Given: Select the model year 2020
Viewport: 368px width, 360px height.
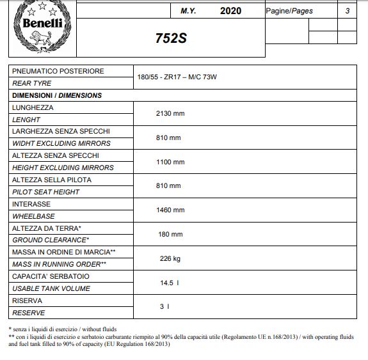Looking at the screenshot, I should (230, 11).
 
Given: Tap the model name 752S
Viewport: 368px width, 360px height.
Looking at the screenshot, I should (171, 38).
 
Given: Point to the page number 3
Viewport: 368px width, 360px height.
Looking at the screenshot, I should (347, 11).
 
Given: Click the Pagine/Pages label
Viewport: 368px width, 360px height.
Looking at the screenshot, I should (289, 11).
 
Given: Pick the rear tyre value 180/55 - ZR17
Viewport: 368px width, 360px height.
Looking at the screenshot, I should (177, 77).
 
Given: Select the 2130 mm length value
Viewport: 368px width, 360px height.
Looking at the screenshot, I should (170, 113).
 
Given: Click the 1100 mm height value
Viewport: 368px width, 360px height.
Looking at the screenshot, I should (170, 162).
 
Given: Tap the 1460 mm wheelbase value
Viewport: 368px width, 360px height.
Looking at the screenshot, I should (170, 210).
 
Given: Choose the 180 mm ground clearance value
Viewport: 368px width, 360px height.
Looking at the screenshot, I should (170, 234).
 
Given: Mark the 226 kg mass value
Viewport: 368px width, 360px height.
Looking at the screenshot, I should (170, 258).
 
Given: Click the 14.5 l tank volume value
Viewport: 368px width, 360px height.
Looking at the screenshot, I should (170, 283).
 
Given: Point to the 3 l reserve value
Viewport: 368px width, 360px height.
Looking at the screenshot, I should (164, 306).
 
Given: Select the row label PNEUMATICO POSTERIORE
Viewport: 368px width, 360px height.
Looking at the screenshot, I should (58, 71).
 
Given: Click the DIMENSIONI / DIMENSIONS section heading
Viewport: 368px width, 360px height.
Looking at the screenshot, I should (57, 95).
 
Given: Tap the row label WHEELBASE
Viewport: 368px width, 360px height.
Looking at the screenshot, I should (33, 216).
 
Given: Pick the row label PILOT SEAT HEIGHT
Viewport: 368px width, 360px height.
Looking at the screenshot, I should (46, 192).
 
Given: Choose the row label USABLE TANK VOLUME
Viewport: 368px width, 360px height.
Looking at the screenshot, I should (51, 288).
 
